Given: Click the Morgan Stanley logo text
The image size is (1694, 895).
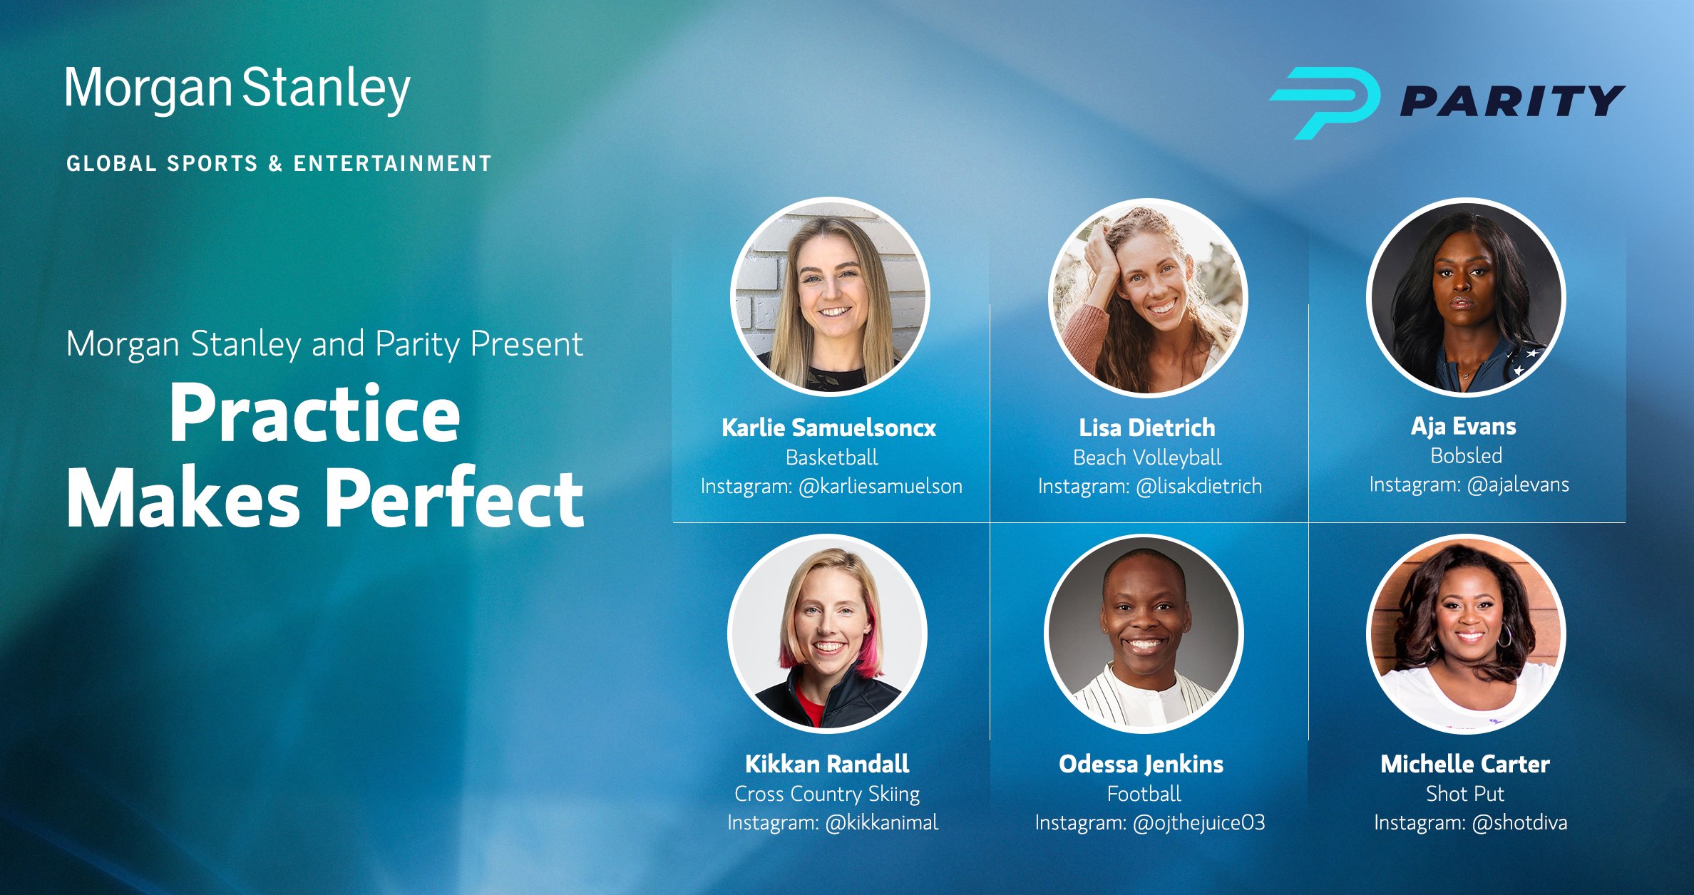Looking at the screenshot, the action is [x=237, y=90].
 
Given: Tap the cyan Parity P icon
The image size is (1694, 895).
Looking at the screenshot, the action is [x=1325, y=102].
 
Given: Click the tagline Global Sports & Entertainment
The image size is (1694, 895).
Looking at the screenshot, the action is [x=279, y=164].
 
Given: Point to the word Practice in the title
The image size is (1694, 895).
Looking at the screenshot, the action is [x=314, y=414].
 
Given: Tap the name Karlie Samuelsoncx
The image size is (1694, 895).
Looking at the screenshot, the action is [x=829, y=428].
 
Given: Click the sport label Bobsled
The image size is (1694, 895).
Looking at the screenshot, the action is [x=1467, y=456].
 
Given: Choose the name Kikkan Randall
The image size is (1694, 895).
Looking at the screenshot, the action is [x=827, y=764].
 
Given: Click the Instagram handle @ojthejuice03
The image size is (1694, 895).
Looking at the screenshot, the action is [x=1199, y=823].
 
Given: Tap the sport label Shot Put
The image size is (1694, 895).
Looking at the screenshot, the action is [x=1465, y=794].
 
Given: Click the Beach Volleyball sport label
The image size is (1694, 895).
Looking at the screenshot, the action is [x=1147, y=457].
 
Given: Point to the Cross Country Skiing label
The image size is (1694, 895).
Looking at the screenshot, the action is [x=827, y=794].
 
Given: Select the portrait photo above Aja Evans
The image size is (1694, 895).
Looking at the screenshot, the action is [x=1467, y=296].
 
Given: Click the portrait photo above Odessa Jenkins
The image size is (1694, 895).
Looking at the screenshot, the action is [x=1144, y=634].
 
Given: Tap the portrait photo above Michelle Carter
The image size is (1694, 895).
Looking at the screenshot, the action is [x=1467, y=634].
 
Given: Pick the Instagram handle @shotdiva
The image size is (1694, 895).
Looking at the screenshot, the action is [x=1520, y=823].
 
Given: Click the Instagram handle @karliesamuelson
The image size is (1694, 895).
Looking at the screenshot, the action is [x=881, y=487].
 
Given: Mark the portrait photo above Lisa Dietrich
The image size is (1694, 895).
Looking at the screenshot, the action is [x=1148, y=296].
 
